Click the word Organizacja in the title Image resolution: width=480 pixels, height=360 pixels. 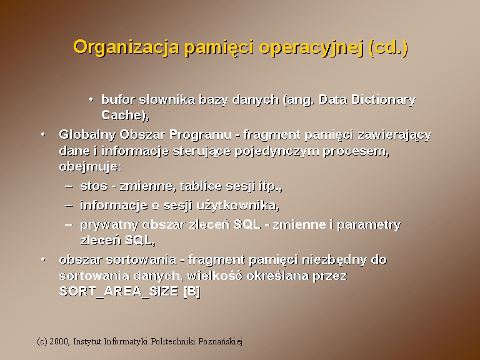pos(126,47)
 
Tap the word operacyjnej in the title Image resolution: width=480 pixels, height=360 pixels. pos(311,47)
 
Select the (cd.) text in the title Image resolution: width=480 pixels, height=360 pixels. pos(389,47)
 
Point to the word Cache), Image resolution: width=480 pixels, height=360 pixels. pos(125,115)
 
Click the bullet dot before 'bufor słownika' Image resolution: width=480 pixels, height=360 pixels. pos(91,100)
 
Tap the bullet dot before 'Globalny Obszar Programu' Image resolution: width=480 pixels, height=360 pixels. pos(43,135)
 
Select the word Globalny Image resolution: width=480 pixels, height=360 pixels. pos(87,135)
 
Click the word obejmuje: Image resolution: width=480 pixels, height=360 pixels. pos(90,167)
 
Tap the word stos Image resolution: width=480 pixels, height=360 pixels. pos(94,186)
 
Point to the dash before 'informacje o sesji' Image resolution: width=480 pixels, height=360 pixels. pos(69,206)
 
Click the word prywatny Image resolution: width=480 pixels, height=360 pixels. pos(109,225)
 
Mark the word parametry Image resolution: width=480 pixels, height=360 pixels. pos(369,225)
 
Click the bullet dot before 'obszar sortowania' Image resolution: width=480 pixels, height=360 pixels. pos(43,260)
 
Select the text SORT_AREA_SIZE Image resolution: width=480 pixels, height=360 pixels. pos(119,291)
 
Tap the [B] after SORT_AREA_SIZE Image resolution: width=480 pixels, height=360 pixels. pos(192,291)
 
